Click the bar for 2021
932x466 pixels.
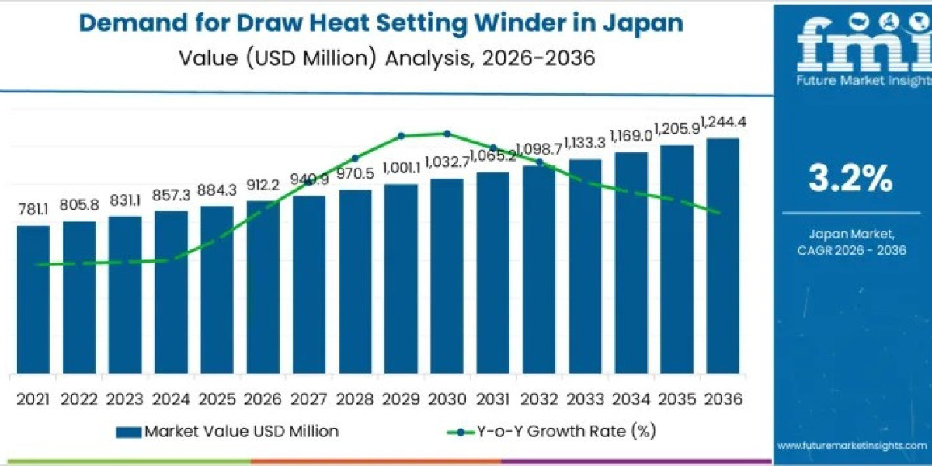click(x=33, y=299)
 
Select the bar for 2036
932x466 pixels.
click(x=722, y=256)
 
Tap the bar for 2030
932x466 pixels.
click(x=447, y=276)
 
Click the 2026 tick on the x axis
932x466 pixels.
click(x=263, y=399)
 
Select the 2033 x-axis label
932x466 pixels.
click(x=584, y=399)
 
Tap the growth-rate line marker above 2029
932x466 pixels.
click(x=402, y=136)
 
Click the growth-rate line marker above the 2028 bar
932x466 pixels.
click(x=355, y=158)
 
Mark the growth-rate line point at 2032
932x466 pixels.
click(x=539, y=162)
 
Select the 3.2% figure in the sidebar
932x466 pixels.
click(x=850, y=179)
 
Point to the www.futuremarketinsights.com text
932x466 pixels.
click(x=851, y=445)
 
